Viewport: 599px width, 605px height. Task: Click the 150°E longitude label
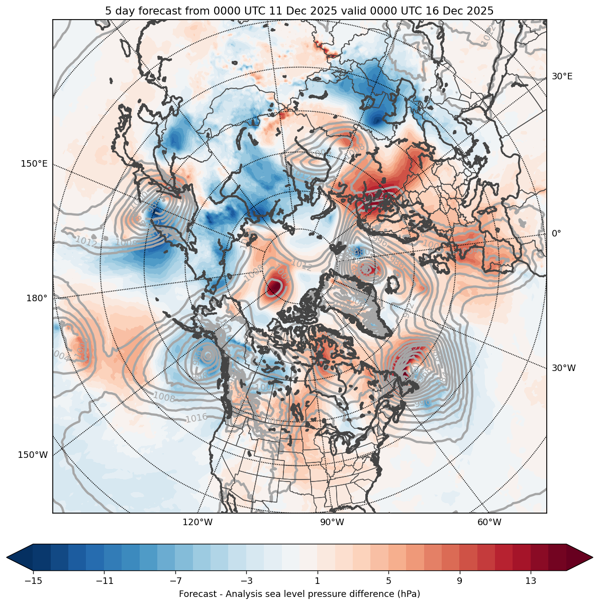34,164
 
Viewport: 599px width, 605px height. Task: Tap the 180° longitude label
37,298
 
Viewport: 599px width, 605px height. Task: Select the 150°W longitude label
34,455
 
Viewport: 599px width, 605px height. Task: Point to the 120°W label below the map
197,522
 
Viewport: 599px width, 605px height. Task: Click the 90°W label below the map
332,522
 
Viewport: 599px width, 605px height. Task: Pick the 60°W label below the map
489,522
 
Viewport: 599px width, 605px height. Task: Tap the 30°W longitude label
564,368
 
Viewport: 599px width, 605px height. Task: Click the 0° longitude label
556,233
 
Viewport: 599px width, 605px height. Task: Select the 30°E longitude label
562,76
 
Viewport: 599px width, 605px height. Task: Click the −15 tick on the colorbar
33,581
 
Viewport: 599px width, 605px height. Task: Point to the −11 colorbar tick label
104,581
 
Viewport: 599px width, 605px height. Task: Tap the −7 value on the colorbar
175,581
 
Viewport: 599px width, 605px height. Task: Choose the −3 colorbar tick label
246,581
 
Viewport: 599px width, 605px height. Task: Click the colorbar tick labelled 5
388,581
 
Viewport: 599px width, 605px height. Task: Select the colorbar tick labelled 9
459,581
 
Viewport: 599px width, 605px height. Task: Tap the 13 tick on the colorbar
530,581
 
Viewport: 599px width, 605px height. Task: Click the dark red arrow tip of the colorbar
585,557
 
